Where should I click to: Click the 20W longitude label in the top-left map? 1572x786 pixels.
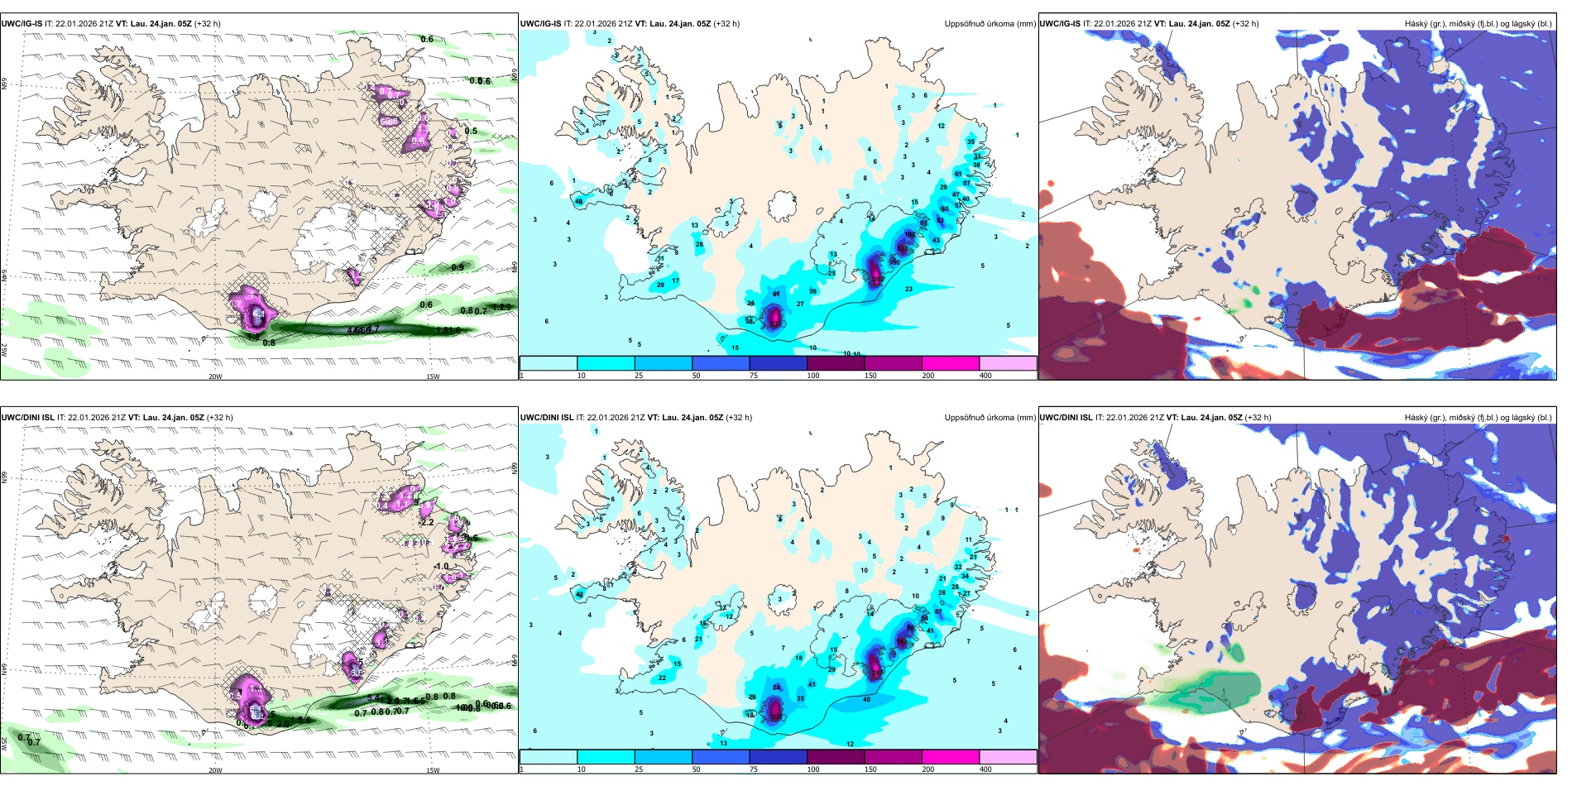pos(215,376)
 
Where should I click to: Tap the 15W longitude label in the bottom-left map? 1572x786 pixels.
pos(433,770)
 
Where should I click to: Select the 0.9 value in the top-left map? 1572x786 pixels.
pos(458,267)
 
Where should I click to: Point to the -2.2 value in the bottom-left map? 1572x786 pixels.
pos(427,522)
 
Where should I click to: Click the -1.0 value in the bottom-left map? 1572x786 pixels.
pos(442,566)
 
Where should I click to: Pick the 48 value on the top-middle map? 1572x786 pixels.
pos(578,201)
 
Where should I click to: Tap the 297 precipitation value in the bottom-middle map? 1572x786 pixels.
pos(875,673)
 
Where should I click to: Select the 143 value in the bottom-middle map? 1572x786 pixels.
pos(902,641)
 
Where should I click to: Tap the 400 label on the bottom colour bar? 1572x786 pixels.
pos(985,769)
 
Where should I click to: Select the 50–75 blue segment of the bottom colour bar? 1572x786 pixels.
pos(720,757)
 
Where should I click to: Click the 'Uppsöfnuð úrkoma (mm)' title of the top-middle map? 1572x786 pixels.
pos(990,24)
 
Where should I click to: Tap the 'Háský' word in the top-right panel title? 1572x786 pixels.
pos(1416,24)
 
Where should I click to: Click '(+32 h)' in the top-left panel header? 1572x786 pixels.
pos(208,24)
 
